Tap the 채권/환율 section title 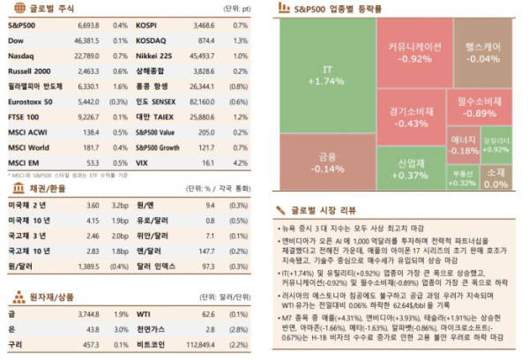click(x=41, y=188)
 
